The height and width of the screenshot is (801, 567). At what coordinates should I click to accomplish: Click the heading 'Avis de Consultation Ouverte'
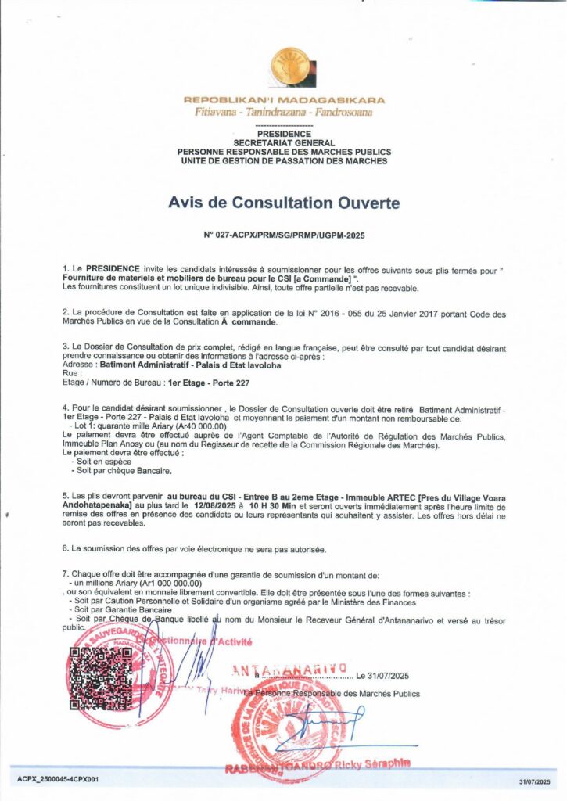[x=284, y=203]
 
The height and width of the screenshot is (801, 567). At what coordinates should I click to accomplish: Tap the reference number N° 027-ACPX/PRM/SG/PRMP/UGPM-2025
[x=284, y=235]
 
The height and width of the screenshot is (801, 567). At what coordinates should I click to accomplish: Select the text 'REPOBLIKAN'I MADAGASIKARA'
[x=284, y=100]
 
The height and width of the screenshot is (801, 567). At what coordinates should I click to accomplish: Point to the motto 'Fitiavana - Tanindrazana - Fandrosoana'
[x=284, y=113]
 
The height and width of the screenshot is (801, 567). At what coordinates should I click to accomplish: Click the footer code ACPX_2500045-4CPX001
[x=58, y=779]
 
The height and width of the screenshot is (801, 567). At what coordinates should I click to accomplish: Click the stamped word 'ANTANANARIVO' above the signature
[x=289, y=670]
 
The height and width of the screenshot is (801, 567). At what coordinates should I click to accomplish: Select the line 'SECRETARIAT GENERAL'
[x=284, y=143]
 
